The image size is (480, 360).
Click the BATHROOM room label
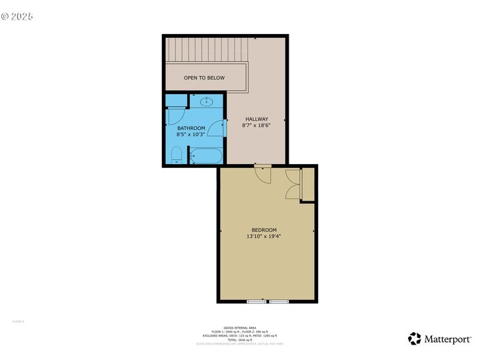(x=191, y=128)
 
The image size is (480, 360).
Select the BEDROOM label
(x=264, y=230)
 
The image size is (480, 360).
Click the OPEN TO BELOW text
(x=204, y=78)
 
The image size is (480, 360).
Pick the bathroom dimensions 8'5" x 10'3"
(x=191, y=135)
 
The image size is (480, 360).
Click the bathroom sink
(x=207, y=102)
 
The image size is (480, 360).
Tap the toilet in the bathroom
(x=177, y=156)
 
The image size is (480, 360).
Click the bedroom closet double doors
(x=293, y=184)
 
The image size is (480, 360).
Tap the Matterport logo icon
(x=415, y=339)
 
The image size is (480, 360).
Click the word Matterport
(x=448, y=339)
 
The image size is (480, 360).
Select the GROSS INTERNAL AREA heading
(x=241, y=327)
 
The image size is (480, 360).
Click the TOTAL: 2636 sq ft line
(x=241, y=339)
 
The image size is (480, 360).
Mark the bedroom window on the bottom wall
(x=268, y=302)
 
